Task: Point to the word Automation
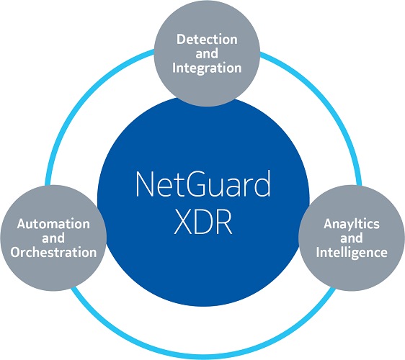tap(53, 224)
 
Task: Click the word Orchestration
tap(53, 253)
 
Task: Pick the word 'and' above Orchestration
tap(53, 238)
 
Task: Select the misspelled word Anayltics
tap(351, 224)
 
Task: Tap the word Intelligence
tap(351, 253)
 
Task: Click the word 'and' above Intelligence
tap(351, 238)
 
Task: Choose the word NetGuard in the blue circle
tap(202, 185)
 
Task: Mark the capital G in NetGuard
tap(202, 185)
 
